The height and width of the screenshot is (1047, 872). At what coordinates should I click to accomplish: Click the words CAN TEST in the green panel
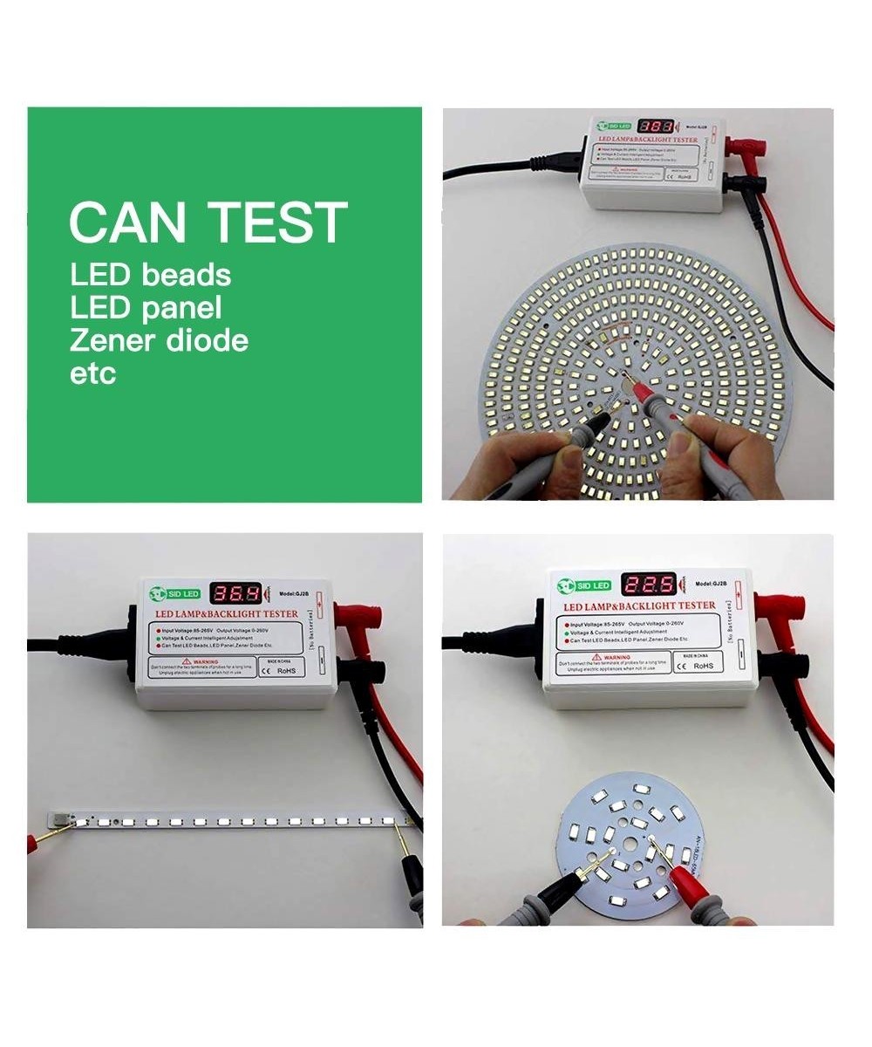click(x=208, y=222)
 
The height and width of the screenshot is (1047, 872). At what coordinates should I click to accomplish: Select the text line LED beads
click(x=150, y=275)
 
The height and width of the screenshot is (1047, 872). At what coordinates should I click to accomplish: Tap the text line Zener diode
click(x=159, y=340)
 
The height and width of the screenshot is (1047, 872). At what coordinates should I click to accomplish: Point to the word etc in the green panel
click(x=92, y=373)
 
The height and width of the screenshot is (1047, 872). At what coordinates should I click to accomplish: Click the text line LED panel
click(x=145, y=307)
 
